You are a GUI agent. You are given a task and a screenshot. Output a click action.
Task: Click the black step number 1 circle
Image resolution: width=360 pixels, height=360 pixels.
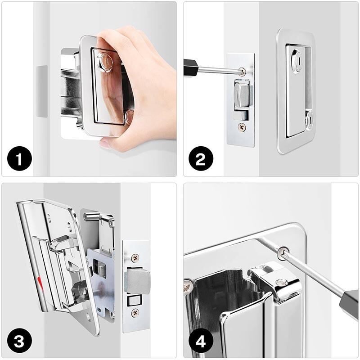19,158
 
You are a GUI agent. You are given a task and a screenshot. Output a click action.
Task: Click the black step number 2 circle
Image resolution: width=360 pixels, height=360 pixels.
201,158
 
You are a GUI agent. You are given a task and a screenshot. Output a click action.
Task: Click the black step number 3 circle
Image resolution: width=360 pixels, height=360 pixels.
19,342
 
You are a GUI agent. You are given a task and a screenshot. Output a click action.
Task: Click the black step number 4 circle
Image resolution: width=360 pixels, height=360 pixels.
201,342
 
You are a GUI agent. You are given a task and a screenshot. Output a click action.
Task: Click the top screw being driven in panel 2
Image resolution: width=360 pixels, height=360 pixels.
242,72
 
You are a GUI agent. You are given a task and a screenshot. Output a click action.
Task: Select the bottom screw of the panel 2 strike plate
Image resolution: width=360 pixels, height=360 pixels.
242,127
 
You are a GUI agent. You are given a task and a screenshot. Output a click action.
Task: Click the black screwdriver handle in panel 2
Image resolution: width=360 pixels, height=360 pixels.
190,67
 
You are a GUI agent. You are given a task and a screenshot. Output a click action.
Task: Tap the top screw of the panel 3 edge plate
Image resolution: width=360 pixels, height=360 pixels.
135,258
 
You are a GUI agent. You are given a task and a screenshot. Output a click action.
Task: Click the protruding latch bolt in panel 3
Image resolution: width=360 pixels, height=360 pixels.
137,281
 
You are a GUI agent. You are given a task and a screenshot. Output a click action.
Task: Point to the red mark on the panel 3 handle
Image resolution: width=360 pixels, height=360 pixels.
40,281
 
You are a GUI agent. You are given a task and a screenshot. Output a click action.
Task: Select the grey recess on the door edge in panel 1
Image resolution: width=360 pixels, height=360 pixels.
41,91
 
